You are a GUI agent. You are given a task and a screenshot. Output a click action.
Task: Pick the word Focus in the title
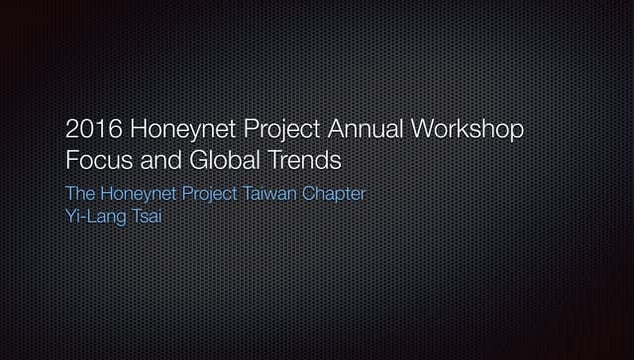point(96,160)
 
